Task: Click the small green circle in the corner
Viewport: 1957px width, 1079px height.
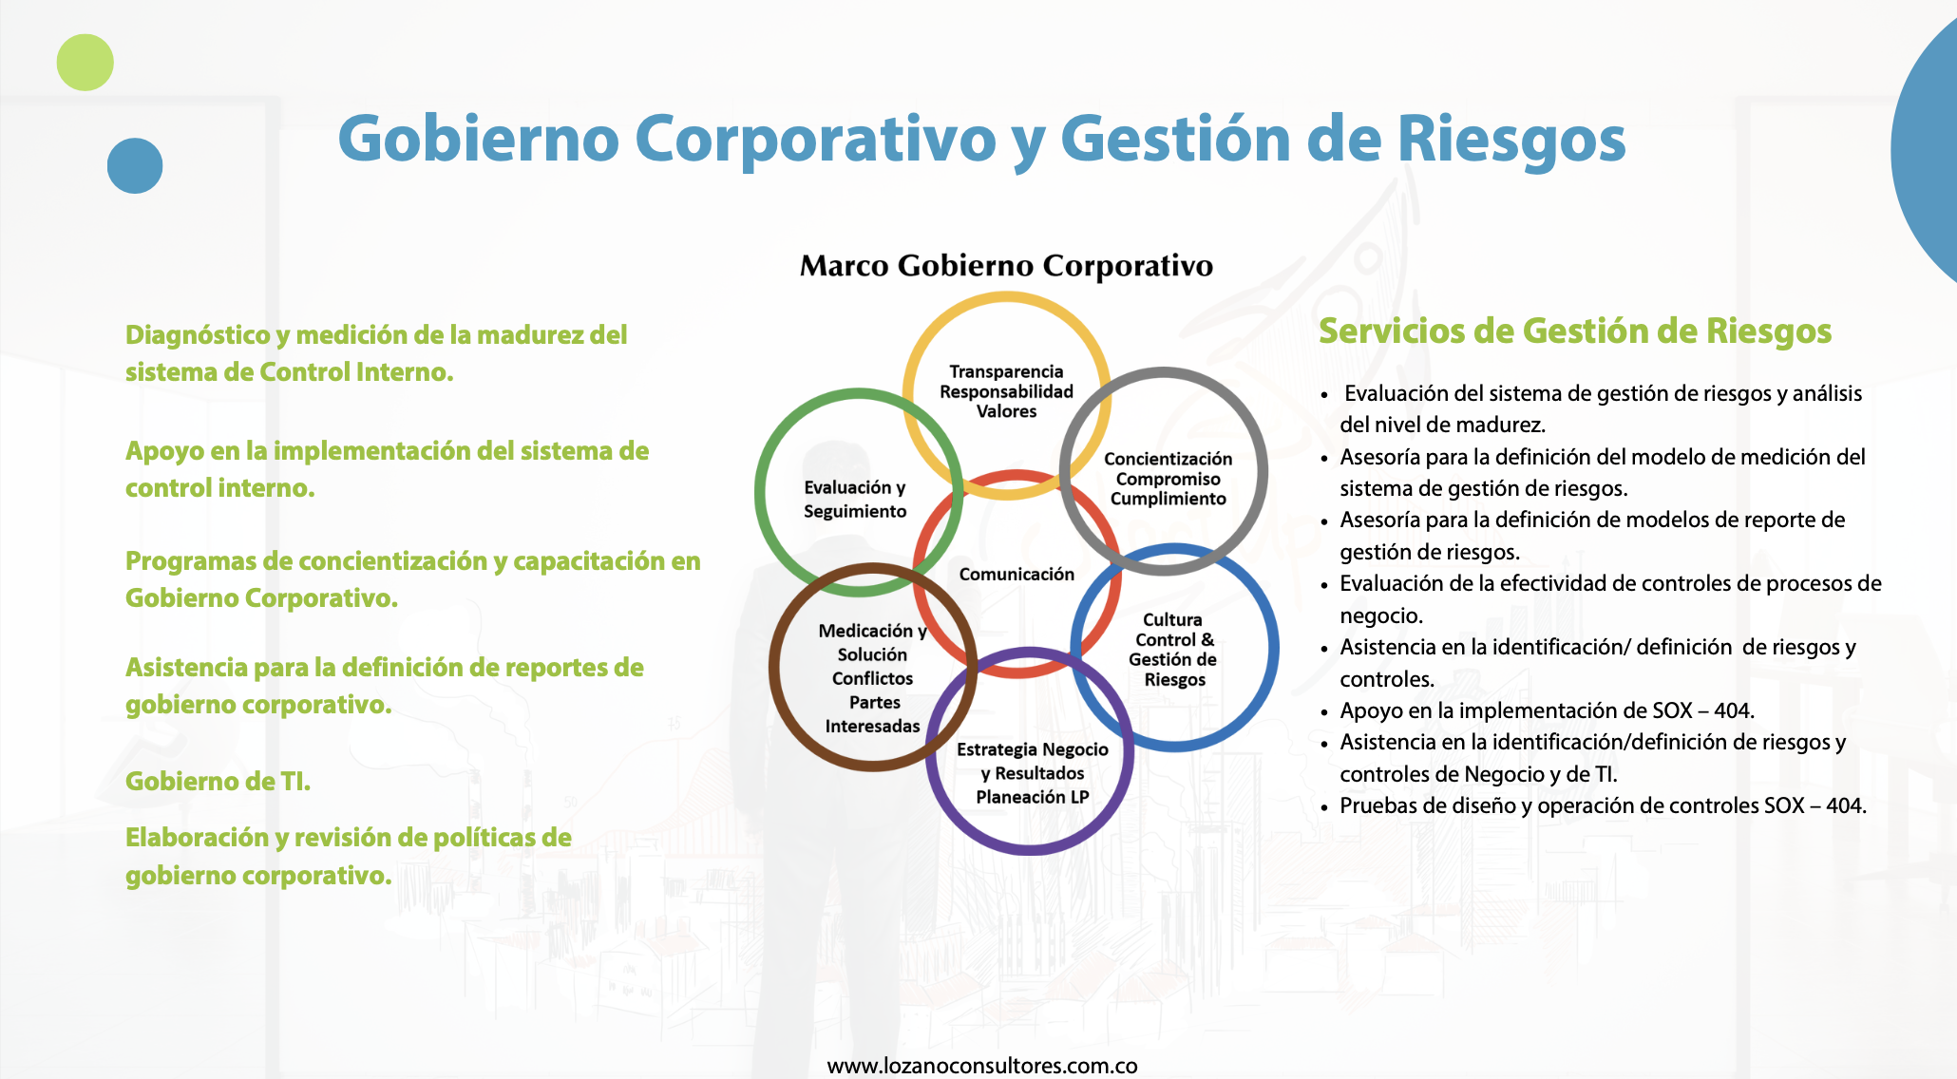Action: [x=85, y=63]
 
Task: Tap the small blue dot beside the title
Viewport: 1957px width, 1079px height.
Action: [x=135, y=166]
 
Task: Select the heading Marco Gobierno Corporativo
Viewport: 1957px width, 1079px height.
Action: [x=1006, y=266]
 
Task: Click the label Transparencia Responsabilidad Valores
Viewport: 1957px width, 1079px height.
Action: [x=1006, y=391]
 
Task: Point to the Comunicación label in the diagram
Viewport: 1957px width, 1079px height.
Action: [x=1016, y=574]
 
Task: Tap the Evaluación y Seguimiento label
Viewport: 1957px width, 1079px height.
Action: [x=855, y=499]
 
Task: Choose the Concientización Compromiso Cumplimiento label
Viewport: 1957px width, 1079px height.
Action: [x=1168, y=479]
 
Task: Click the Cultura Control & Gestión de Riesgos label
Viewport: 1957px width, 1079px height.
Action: [x=1173, y=650]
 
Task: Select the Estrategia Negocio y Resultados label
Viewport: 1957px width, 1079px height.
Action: [x=1033, y=761]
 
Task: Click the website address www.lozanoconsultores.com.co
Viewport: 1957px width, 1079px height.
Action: [x=982, y=1066]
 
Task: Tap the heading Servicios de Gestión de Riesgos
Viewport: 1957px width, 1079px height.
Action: [x=1575, y=331]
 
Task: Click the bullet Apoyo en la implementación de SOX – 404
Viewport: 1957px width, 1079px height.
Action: [x=1547, y=710]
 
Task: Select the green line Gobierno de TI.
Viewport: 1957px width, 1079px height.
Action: [x=218, y=781]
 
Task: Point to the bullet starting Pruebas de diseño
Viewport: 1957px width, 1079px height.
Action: [x=1603, y=805]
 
